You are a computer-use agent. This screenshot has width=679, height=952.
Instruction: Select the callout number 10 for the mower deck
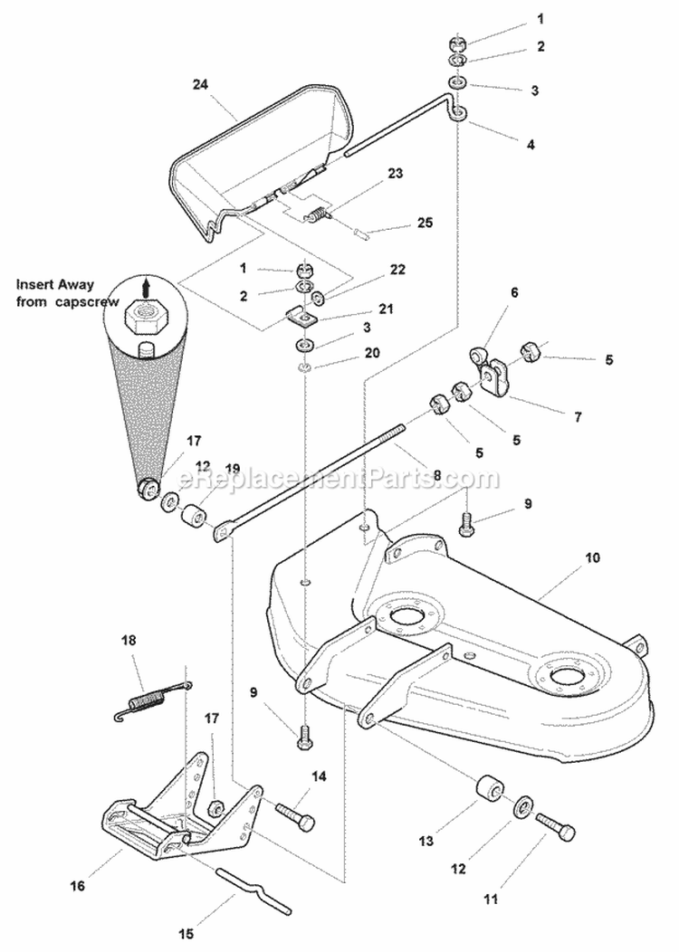[x=592, y=558]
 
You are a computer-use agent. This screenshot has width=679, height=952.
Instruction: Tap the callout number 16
[x=80, y=888]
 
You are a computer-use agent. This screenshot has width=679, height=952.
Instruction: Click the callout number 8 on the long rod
[x=437, y=474]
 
